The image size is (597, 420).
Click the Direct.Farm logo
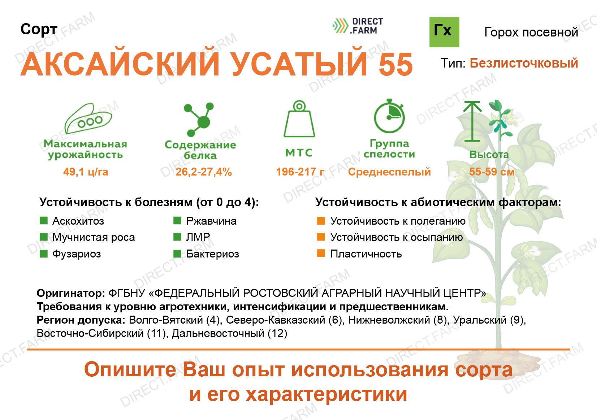358,26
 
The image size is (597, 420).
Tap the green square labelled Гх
444,32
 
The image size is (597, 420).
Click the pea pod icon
88,118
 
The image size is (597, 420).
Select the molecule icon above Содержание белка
199,119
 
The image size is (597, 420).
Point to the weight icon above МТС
299,118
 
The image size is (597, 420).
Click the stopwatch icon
389,116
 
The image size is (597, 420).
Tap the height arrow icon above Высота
472,121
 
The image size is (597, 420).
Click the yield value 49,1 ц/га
86,172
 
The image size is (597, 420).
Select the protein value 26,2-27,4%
204,172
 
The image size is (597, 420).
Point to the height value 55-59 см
492,172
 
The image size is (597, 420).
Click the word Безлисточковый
524,64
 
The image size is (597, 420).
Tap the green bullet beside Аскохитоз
44,221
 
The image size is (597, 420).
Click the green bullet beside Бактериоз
177,254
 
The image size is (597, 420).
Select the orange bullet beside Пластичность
321,253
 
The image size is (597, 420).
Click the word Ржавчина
211,221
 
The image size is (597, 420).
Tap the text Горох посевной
531,32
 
